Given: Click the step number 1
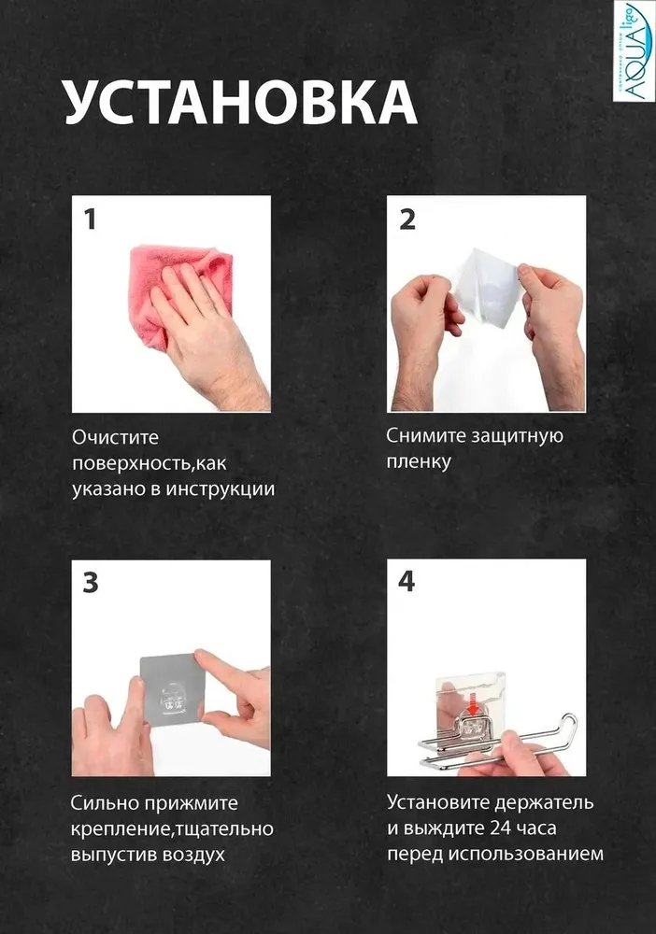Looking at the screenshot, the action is [x=90, y=219].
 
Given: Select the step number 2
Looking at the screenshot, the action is [x=406, y=219].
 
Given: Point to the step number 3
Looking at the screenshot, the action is [x=91, y=583].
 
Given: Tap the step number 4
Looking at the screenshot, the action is [x=406, y=581].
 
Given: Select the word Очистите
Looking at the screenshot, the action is [x=116, y=437].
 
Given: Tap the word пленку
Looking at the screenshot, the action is [x=419, y=461].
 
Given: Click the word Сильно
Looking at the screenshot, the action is [x=105, y=803].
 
